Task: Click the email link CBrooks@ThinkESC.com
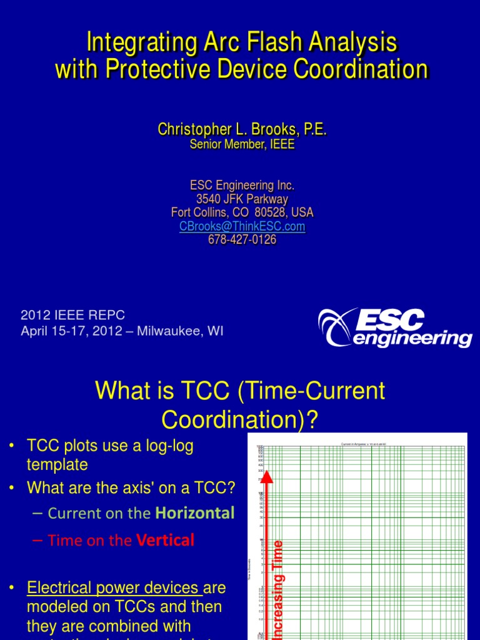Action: coord(242,226)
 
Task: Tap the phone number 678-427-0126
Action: coord(242,240)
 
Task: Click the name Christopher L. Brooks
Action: coord(229,130)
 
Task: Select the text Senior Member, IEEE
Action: coord(242,144)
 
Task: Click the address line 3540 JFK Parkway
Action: coord(242,199)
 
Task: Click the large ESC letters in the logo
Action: coord(391,320)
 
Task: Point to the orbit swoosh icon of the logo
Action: coord(336,326)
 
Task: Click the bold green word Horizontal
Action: coord(195,513)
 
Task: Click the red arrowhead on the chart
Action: coord(266,477)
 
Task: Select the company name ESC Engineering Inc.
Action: coord(242,186)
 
